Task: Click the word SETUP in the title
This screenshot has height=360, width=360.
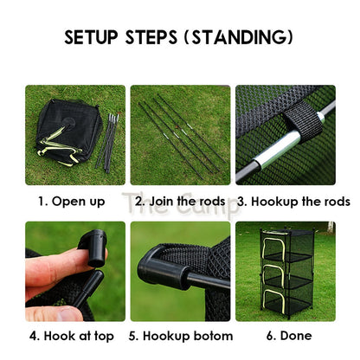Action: [x=91, y=37]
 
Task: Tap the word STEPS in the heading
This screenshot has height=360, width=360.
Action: [x=151, y=37]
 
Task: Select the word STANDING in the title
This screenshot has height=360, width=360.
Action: [x=238, y=37]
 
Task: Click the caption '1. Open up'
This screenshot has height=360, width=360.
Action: [x=72, y=202]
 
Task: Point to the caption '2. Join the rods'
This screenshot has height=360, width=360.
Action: [x=180, y=201]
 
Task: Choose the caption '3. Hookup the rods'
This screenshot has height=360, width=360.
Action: [x=293, y=202]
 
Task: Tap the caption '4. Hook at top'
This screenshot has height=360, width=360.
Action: [x=72, y=336]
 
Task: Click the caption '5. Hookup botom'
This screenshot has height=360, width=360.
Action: [x=181, y=336]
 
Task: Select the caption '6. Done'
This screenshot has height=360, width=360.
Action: [x=289, y=336]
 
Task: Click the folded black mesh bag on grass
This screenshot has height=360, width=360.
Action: [x=68, y=132]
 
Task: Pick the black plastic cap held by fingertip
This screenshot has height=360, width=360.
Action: [x=93, y=247]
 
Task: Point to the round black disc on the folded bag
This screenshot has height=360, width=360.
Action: [x=69, y=123]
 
